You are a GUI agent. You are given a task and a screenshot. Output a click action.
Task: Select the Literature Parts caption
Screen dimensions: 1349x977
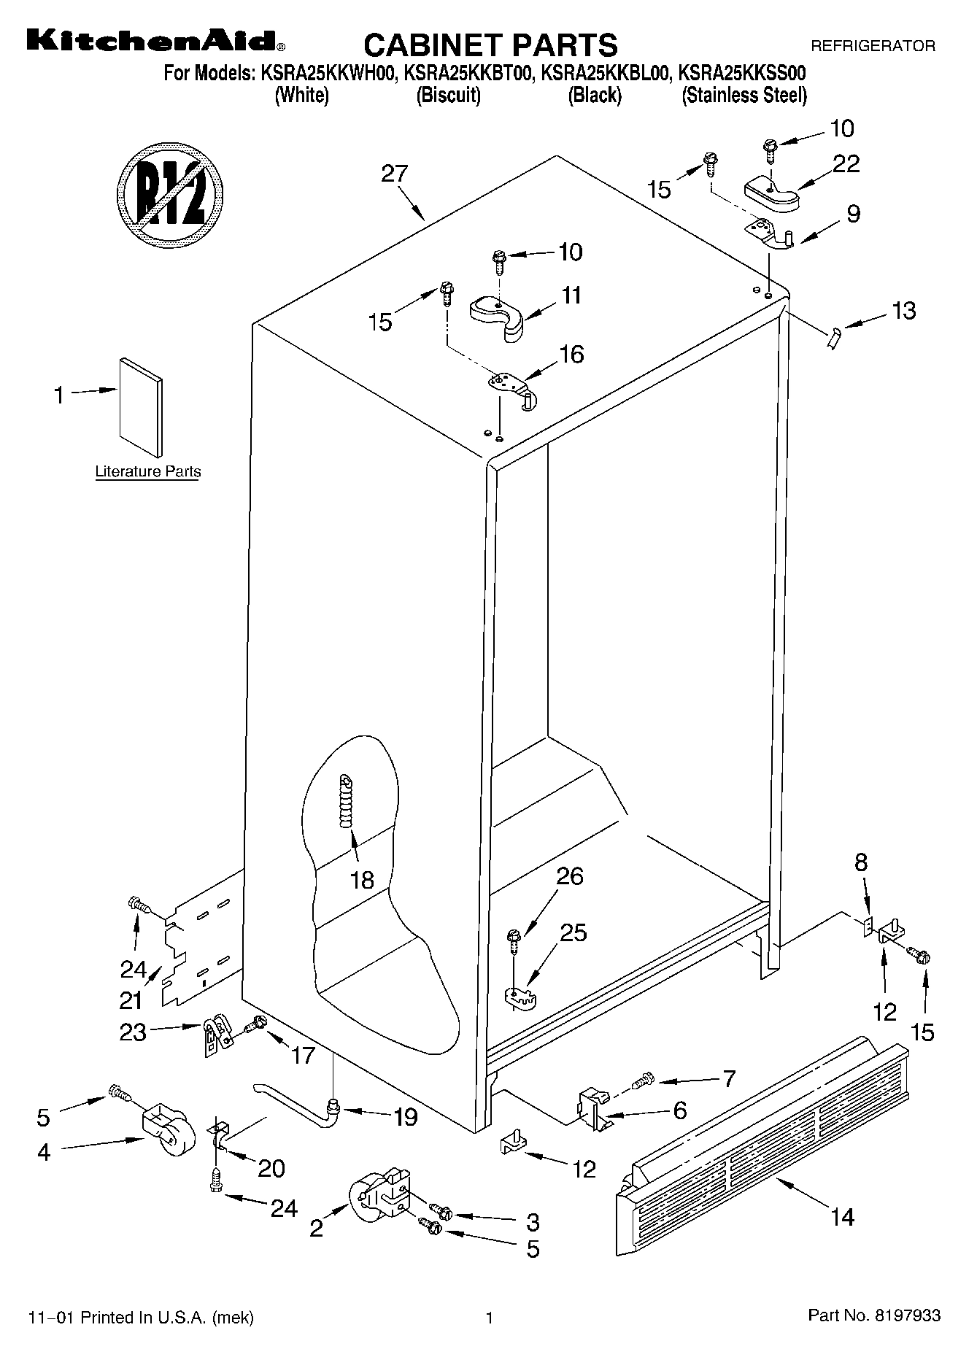click(x=148, y=471)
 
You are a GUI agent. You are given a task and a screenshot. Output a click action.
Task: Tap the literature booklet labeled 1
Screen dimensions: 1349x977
click(x=141, y=406)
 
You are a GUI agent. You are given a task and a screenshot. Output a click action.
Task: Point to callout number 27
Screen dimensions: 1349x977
click(x=395, y=174)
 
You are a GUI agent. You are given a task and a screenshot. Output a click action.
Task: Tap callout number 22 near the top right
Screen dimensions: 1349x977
click(x=846, y=163)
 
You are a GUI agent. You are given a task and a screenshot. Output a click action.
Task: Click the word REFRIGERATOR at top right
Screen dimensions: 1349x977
click(x=873, y=46)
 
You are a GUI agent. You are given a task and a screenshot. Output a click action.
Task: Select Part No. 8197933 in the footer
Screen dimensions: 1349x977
click(x=874, y=1316)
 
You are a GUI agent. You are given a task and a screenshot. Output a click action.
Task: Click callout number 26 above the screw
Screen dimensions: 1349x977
click(x=569, y=876)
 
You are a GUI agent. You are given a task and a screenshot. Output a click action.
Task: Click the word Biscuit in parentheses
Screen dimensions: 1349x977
click(x=448, y=96)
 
